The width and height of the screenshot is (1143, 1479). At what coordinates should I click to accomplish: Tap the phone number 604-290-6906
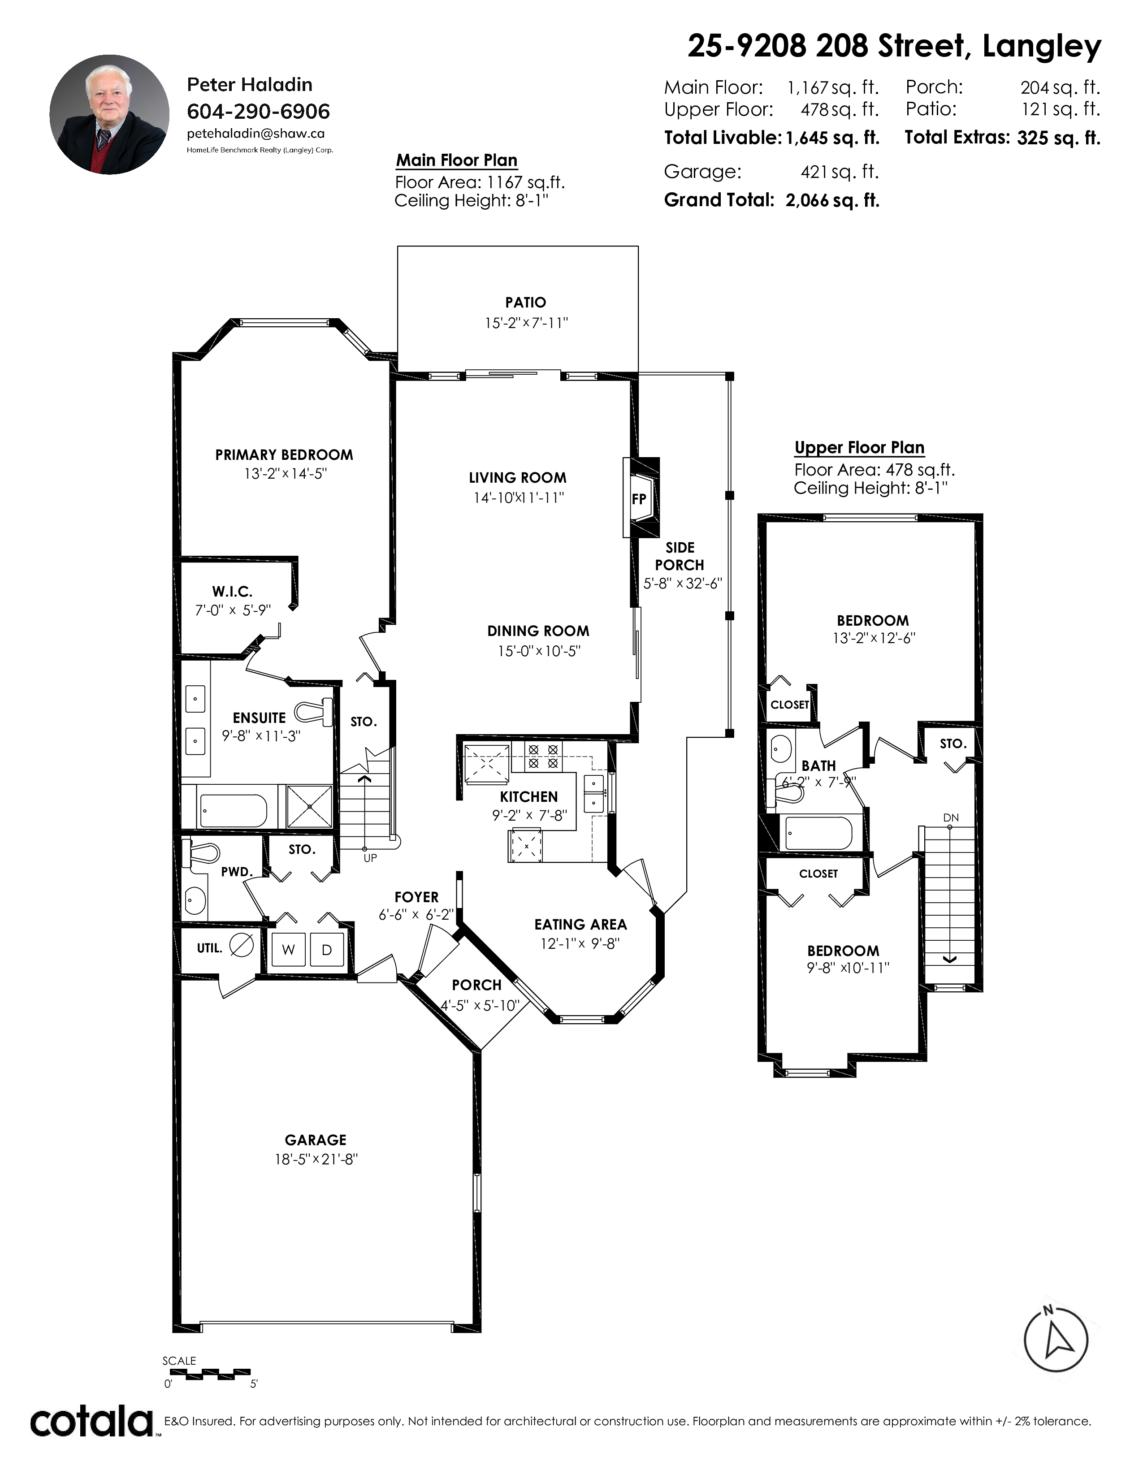[x=258, y=111]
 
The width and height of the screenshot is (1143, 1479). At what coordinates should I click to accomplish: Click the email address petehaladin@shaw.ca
[x=255, y=134]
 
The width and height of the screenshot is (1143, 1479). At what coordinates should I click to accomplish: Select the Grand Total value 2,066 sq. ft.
[x=832, y=200]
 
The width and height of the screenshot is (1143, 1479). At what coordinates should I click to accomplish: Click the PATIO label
[x=525, y=303]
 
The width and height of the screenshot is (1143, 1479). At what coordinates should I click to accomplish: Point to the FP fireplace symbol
[x=639, y=499]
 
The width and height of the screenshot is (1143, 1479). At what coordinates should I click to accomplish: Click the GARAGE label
[x=316, y=1140]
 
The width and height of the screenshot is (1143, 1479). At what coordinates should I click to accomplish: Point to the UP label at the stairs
[x=370, y=858]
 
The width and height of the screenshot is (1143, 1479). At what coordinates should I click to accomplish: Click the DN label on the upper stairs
[x=951, y=817]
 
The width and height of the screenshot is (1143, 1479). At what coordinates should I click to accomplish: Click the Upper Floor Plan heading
[x=859, y=448]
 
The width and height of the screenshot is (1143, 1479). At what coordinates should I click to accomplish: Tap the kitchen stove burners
[x=543, y=757]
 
